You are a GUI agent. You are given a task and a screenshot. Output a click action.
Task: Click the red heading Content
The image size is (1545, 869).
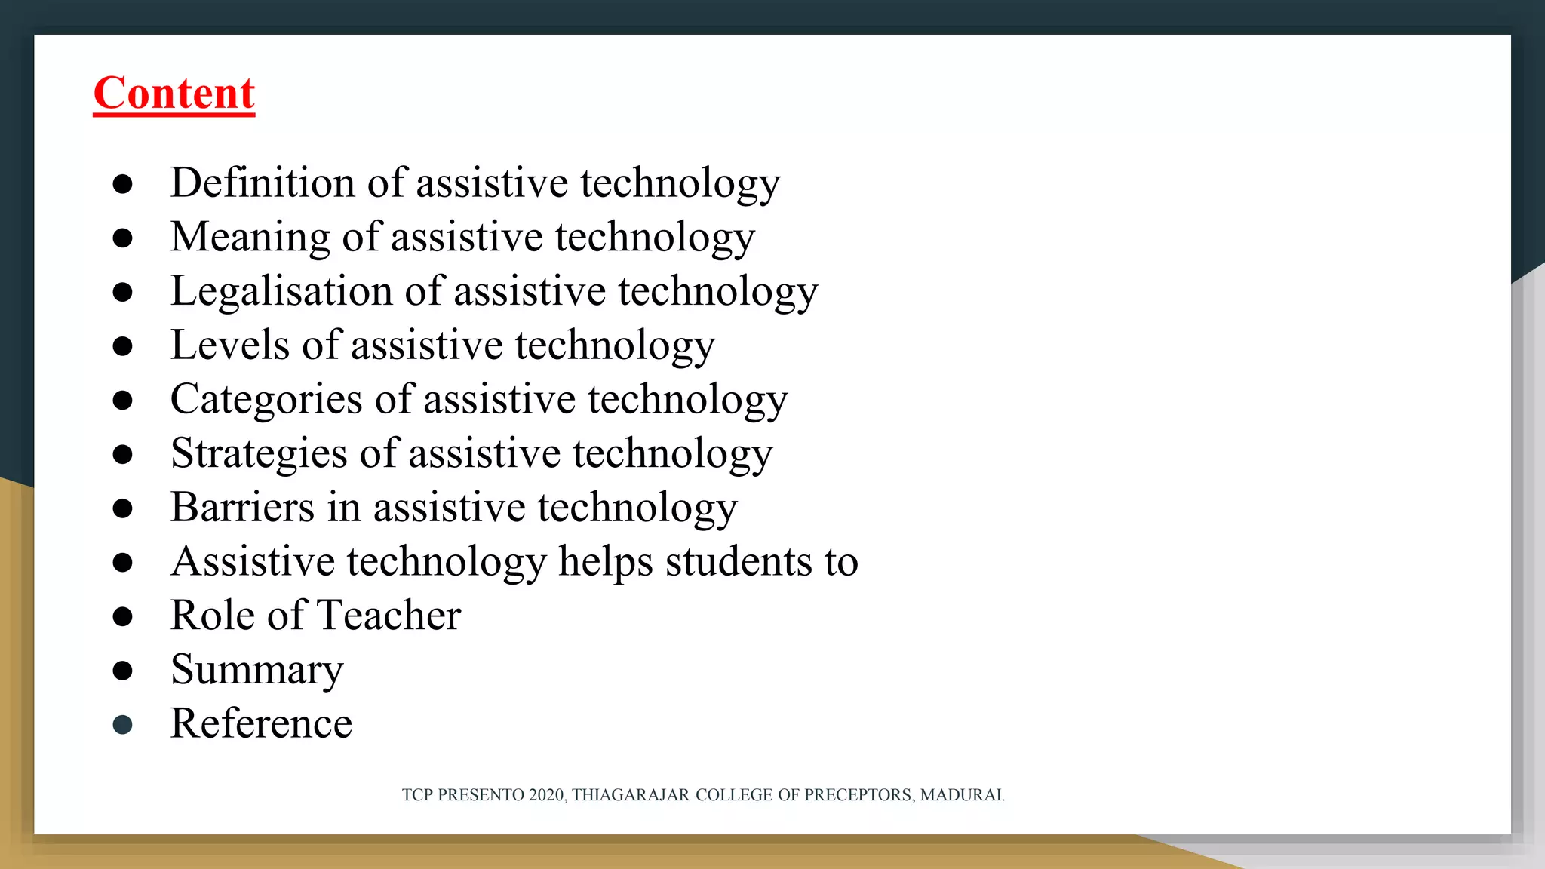coord(174,94)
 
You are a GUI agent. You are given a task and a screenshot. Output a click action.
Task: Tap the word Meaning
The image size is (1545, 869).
coord(250,238)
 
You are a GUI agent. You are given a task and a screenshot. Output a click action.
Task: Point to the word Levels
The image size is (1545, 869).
coord(230,345)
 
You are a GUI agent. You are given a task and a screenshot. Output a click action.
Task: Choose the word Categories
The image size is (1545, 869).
coord(266,400)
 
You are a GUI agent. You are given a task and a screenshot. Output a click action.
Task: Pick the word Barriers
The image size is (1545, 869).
coord(242,508)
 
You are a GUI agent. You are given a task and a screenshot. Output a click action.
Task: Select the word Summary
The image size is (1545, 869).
coord(256,671)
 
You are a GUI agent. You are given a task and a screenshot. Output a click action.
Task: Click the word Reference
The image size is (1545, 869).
coord(261,724)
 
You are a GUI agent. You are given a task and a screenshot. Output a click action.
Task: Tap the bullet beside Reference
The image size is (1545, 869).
coord(122,725)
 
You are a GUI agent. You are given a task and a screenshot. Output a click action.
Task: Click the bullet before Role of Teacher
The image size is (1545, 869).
coord(122,616)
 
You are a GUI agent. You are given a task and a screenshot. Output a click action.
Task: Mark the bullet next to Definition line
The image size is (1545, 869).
coord(122,184)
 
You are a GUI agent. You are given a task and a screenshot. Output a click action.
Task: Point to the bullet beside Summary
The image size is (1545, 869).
coord(122,671)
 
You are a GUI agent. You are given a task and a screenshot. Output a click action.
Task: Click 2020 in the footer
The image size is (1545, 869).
coord(547,795)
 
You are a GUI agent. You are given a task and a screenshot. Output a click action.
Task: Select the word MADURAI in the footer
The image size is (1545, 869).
coord(962,795)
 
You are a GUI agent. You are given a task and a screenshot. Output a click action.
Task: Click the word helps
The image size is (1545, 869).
coord(605,562)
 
